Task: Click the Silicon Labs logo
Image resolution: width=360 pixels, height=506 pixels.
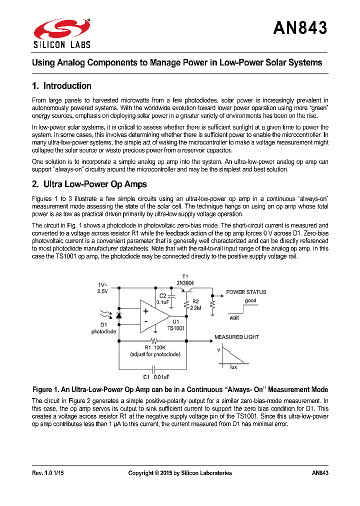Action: pyautogui.click(x=61, y=33)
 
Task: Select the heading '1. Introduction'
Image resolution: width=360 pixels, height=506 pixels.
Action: pyautogui.click(x=61, y=86)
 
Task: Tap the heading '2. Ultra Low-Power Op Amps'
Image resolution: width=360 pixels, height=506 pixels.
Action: pyautogui.click(x=89, y=184)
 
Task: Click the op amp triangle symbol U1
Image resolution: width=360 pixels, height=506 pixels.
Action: pyautogui.click(x=153, y=315)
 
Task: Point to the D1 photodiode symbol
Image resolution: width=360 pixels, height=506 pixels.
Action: pyautogui.click(x=118, y=315)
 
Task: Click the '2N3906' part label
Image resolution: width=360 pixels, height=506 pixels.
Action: pyautogui.click(x=185, y=282)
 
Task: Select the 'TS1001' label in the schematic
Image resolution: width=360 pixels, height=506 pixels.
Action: pyautogui.click(x=176, y=328)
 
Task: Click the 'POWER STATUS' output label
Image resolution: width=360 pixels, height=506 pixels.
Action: pyautogui.click(x=246, y=292)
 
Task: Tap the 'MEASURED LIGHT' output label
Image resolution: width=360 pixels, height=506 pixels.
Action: pyautogui.click(x=236, y=337)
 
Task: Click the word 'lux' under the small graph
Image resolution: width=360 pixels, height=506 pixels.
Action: pyautogui.click(x=233, y=367)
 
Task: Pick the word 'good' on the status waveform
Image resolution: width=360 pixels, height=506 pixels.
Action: pyautogui.click(x=250, y=301)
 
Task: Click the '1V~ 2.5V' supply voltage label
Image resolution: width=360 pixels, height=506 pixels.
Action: pyautogui.click(x=102, y=287)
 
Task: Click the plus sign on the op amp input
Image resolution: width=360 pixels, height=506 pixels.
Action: pyautogui.click(x=145, y=310)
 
